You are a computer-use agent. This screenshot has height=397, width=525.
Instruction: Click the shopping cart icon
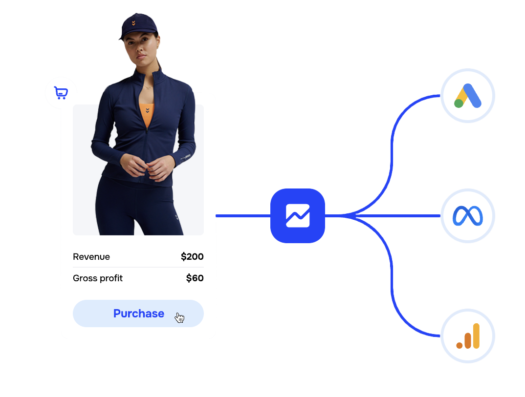pos(61,93)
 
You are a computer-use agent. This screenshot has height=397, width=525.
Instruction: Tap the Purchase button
pos(138,313)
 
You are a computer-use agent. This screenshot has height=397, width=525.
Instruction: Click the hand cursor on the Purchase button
pos(180,318)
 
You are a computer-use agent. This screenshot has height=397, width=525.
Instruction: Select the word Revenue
pos(91,257)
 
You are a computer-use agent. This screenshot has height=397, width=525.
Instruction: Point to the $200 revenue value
pos(192,257)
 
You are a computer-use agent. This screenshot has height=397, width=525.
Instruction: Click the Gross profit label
pos(98,278)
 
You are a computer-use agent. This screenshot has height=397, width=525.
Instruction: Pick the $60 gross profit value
pos(195,278)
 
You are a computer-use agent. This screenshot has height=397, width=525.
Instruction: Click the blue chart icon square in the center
pos(298,216)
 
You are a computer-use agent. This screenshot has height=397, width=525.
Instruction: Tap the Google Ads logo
pos(468,96)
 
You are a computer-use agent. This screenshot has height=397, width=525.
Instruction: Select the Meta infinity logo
pos(468,216)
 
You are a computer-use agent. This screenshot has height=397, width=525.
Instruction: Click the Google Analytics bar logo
pos(468,336)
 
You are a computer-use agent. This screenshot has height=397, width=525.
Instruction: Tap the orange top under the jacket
pos(147,114)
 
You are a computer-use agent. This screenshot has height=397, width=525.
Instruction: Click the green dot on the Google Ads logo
pos(459,103)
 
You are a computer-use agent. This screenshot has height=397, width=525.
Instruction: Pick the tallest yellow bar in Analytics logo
pos(476,335)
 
